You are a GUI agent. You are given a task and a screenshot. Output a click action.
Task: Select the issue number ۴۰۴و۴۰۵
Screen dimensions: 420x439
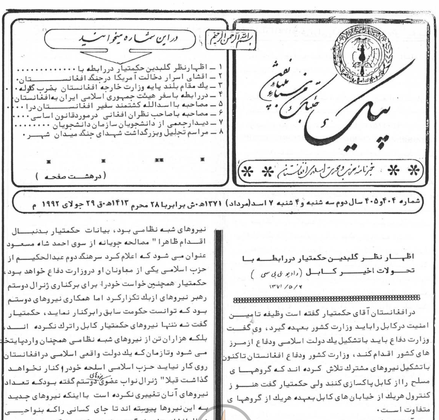pyautogui.click(x=383, y=204)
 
